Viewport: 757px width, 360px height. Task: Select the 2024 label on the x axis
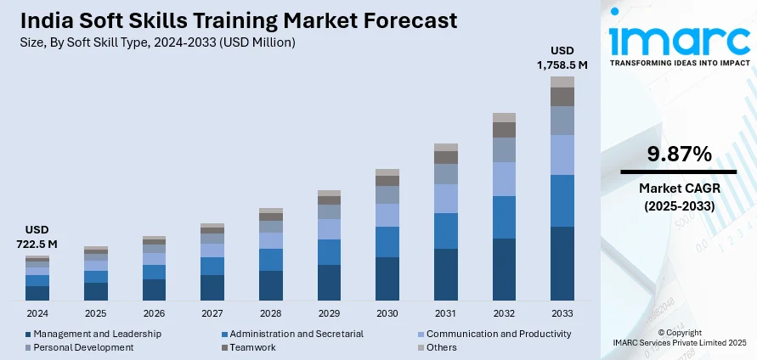pos(37,313)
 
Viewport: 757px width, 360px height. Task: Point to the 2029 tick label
pos(329,313)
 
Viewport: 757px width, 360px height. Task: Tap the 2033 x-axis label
pos(562,313)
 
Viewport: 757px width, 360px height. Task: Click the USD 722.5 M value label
pos(37,237)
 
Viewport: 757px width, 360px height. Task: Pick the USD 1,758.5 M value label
pos(562,57)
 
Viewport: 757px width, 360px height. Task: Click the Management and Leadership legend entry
pos(93,334)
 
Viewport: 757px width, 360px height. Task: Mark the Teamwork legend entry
pos(251,347)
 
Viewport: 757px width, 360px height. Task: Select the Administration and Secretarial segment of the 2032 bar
pos(504,217)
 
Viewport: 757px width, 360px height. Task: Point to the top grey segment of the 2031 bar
pos(446,148)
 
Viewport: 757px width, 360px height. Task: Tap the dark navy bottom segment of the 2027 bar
pos(212,288)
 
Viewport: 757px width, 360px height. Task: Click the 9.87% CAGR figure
pos(678,155)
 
